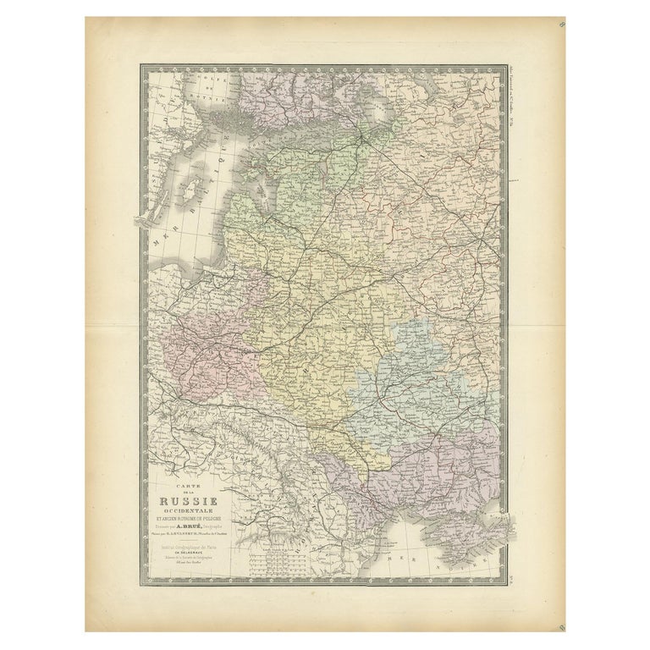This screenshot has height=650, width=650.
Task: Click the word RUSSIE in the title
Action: pyautogui.click(x=189, y=496)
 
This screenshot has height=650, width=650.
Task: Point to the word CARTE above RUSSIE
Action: pyautogui.click(x=188, y=483)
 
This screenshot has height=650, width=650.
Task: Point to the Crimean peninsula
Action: pyautogui.click(x=483, y=529)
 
